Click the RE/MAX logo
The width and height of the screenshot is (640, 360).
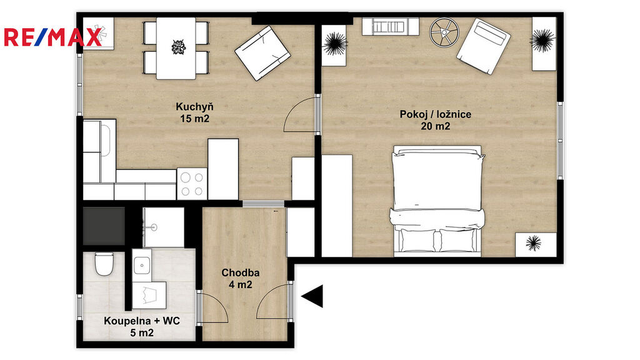52,37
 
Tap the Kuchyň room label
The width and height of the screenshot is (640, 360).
194,107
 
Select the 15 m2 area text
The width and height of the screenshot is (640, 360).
195,119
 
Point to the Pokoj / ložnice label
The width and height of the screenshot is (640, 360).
435,114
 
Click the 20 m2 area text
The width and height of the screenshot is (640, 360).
435,126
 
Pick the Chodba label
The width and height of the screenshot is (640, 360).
241,272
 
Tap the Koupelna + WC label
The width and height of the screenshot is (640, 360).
142,321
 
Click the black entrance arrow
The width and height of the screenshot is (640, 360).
312,296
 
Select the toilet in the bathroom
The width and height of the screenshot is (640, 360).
104,264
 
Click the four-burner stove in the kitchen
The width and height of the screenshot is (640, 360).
192,184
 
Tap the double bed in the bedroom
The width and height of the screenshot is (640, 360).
437,201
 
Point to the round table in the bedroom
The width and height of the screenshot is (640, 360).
444,32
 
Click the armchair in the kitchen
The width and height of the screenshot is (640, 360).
262,53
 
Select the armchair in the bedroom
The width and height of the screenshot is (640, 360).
484,46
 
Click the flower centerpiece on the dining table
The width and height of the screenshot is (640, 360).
178,46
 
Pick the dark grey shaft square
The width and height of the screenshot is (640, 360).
104,226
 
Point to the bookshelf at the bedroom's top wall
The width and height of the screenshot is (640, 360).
390,26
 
